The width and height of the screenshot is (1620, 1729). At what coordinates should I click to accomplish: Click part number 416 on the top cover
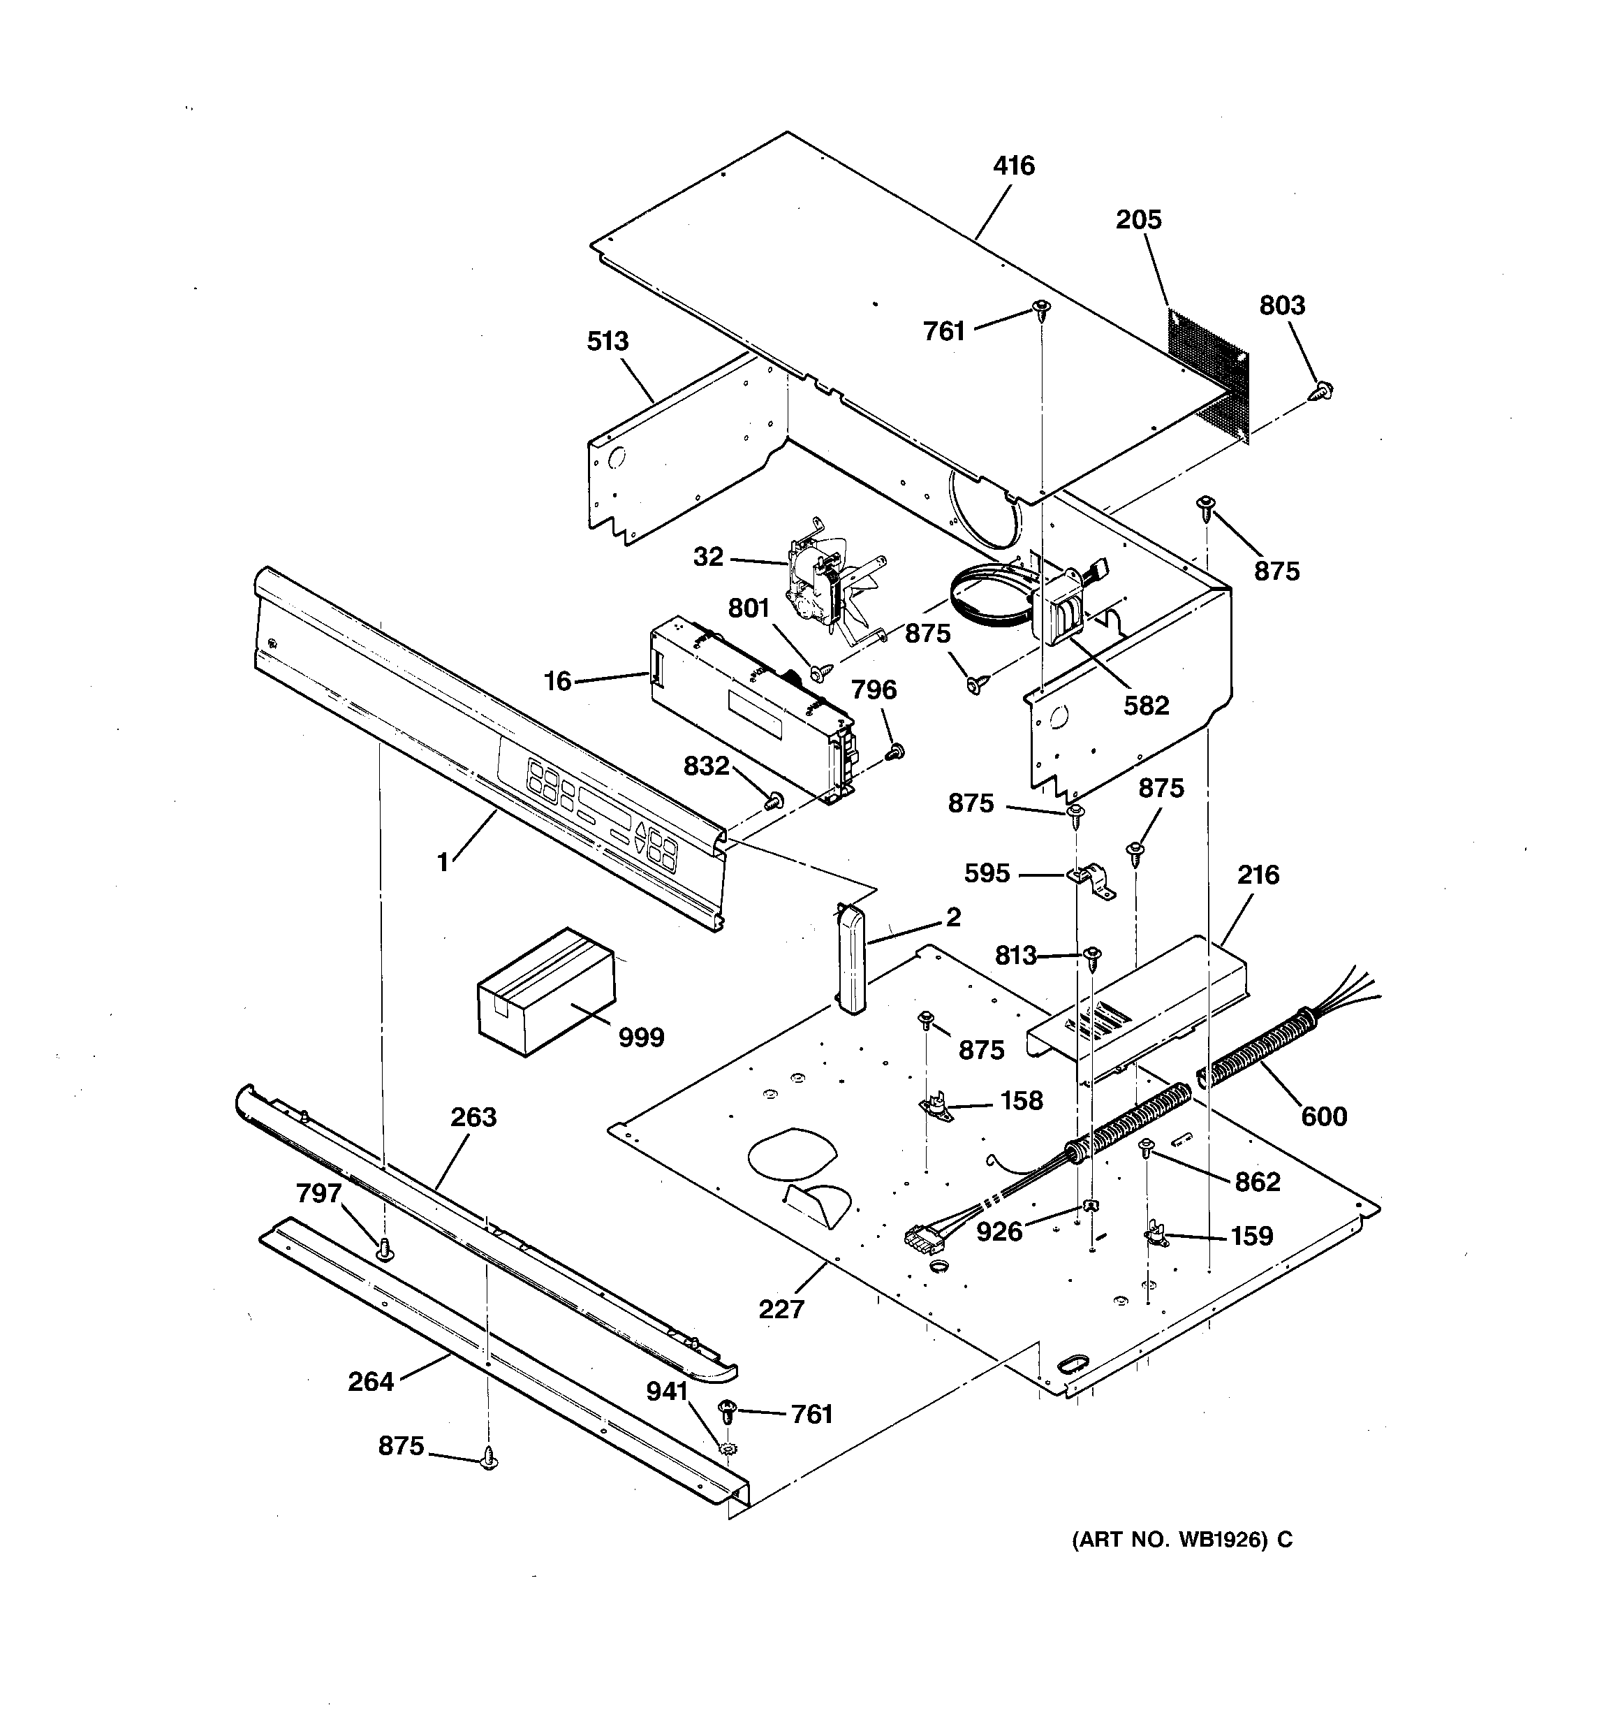1014,166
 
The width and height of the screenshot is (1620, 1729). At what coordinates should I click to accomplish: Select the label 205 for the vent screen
1138,220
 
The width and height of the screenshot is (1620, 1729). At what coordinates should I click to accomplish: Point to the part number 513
607,341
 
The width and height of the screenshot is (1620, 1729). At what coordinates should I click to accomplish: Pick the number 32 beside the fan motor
708,557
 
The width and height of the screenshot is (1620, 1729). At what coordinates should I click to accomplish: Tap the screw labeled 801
820,671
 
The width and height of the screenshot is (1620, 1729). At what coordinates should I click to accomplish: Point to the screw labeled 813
1093,956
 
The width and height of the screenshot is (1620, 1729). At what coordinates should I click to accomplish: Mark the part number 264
370,1381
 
